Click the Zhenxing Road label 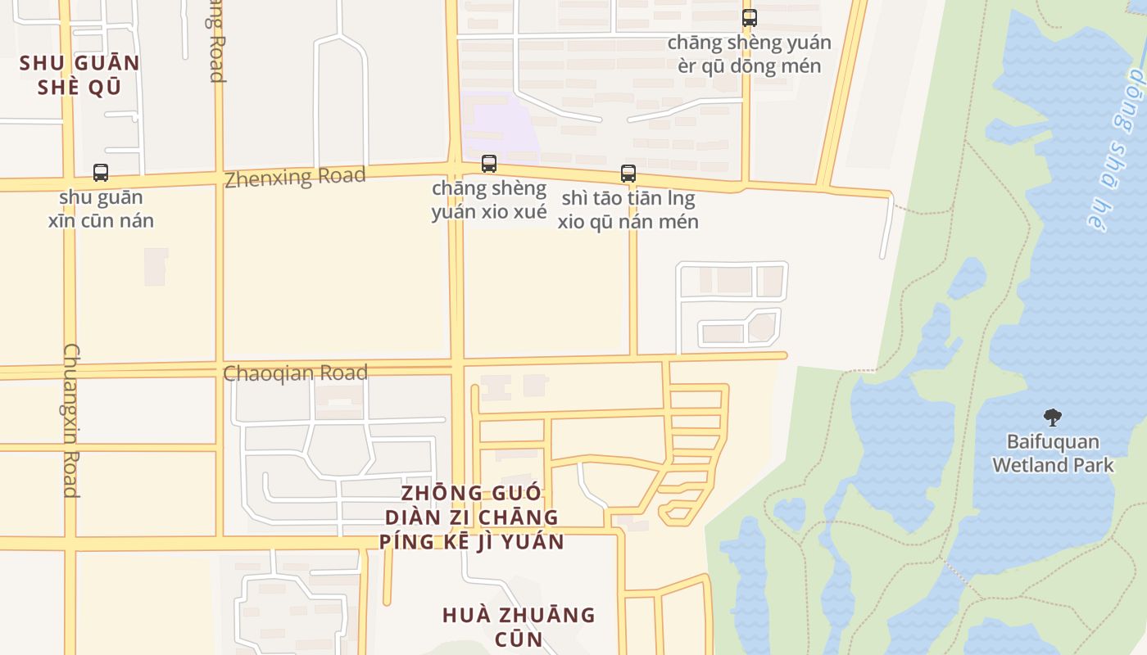[x=295, y=177]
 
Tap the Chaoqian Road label [x=295, y=373]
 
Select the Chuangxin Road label [x=71, y=419]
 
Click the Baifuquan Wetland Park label [x=1053, y=454]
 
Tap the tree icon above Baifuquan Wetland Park [x=1053, y=418]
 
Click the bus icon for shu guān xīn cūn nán [x=101, y=173]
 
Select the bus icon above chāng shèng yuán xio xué [x=489, y=164]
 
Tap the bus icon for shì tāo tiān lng [x=628, y=173]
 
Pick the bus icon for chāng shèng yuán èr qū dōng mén [x=749, y=17]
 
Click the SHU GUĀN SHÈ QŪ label [x=79, y=75]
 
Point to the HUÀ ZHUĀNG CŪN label [x=519, y=626]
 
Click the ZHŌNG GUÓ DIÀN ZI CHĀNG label [x=472, y=517]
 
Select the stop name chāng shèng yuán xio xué [x=489, y=201]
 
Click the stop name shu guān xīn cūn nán [x=101, y=209]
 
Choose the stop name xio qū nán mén [x=628, y=221]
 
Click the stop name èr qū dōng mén [x=749, y=65]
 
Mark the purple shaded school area [x=496, y=123]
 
